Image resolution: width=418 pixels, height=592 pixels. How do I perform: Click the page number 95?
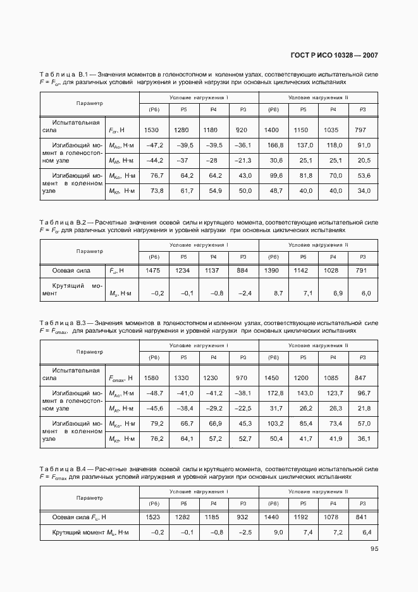point(374,549)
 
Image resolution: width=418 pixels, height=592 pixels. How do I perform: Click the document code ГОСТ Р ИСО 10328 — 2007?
point(335,56)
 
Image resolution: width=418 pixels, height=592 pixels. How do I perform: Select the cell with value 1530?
point(152,130)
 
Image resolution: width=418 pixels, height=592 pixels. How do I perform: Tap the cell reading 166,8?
point(274,145)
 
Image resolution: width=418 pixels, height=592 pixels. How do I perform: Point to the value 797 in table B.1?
point(360,130)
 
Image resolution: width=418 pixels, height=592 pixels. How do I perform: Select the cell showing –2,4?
point(244,293)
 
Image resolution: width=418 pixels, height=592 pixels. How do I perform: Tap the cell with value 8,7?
point(277,293)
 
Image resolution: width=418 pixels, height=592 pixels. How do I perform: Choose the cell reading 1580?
point(152,378)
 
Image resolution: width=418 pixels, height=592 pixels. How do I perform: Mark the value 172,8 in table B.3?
point(274,393)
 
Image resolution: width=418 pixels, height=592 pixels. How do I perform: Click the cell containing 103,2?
point(274,423)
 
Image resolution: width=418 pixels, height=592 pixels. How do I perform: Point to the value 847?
point(360,378)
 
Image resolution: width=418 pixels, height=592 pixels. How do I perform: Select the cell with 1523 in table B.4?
point(154,517)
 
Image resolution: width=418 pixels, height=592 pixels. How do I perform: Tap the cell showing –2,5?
point(244,533)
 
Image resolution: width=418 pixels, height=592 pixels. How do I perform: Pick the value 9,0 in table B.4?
point(277,533)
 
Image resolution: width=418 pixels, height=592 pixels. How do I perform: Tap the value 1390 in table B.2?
point(273,270)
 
